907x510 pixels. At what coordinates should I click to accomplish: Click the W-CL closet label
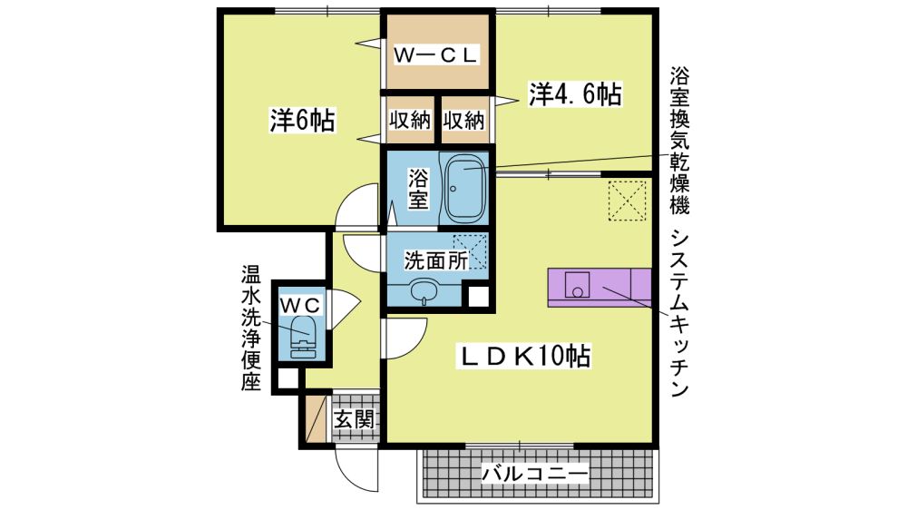click(435, 55)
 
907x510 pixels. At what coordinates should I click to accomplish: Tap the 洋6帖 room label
click(302, 121)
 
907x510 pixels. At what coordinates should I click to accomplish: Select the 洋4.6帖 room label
click(575, 94)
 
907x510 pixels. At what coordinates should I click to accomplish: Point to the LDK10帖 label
click(524, 357)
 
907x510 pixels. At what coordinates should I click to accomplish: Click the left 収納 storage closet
click(410, 120)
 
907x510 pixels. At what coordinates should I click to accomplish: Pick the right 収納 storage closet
click(463, 120)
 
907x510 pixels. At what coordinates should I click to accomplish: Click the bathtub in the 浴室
click(463, 188)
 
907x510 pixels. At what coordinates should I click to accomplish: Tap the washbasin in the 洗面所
click(426, 289)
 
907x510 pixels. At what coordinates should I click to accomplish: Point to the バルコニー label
click(535, 475)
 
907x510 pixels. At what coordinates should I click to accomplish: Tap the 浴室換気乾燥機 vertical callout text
click(679, 141)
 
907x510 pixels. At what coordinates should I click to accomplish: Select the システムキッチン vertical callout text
click(679, 313)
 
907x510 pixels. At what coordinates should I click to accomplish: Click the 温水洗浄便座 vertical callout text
click(251, 328)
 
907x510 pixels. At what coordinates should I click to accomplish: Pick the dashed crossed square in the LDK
click(627, 201)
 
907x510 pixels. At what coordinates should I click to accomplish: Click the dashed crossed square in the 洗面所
click(470, 251)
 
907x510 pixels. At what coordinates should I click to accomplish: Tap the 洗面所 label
click(435, 260)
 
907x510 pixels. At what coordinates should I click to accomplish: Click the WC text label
click(299, 303)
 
